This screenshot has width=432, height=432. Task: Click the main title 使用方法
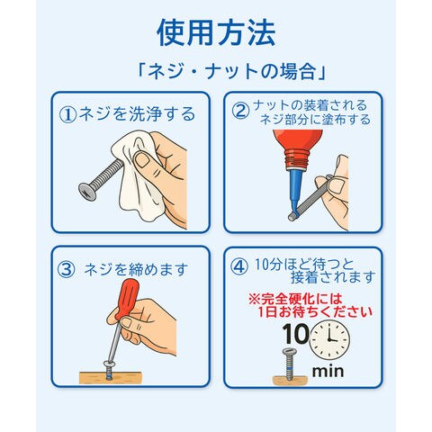tap(216, 32)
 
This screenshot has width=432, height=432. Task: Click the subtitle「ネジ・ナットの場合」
tap(231, 72)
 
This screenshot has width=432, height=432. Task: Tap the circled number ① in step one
tap(67, 114)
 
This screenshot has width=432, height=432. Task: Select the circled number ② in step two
tap(240, 111)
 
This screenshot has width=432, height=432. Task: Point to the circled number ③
tap(66, 269)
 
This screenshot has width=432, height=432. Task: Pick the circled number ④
tap(239, 266)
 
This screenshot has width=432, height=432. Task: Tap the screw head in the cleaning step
tap(87, 192)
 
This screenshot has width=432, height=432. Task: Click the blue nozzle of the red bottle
tap(295, 192)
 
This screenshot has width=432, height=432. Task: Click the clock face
tap(329, 339)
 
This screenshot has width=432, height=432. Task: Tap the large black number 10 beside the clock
tap(295, 334)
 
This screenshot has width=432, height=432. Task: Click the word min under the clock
tap(328, 372)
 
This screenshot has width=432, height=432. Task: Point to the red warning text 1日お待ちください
tap(315, 312)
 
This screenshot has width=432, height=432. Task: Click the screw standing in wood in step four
tap(289, 364)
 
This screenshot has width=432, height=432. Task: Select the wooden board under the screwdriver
tap(110, 377)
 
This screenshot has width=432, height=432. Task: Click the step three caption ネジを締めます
tap(136, 269)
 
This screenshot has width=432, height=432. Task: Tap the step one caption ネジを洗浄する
tap(137, 114)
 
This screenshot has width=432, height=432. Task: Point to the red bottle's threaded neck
tap(296, 157)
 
